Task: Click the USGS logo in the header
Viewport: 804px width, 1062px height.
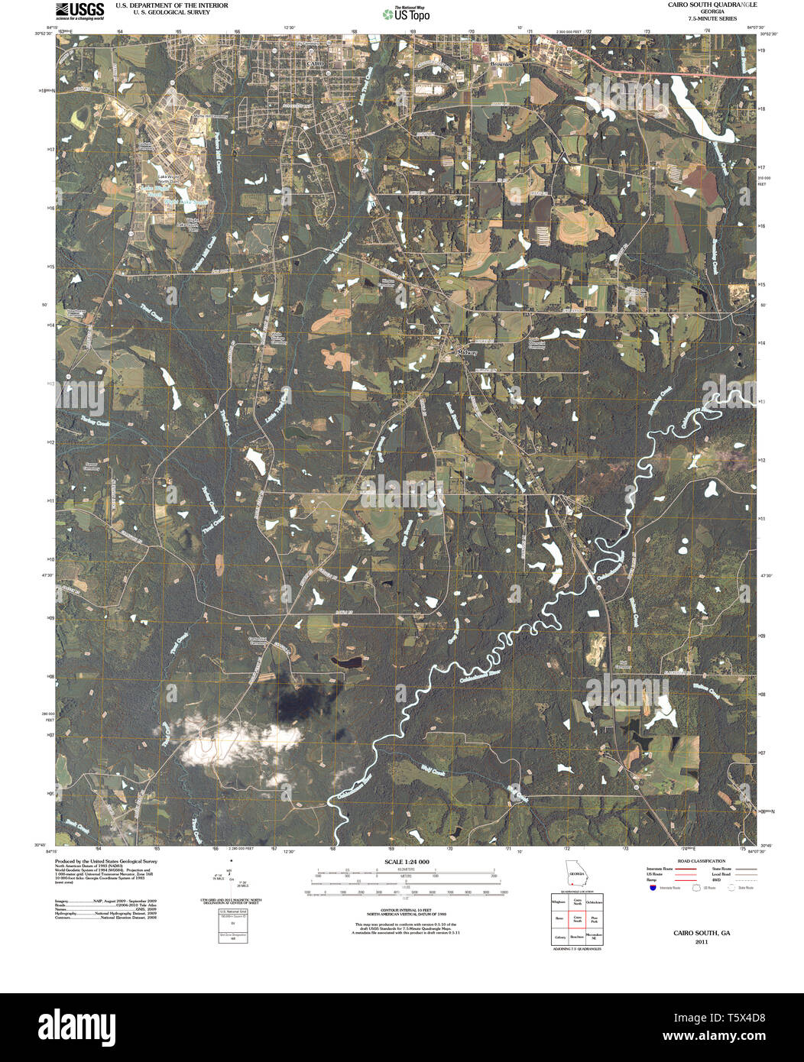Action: pyautogui.click(x=79, y=10)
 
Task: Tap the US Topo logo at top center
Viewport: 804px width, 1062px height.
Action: pyautogui.click(x=405, y=13)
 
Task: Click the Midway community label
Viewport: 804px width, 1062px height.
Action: pyautogui.click(x=467, y=353)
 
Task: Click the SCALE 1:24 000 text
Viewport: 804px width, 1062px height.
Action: pyautogui.click(x=407, y=862)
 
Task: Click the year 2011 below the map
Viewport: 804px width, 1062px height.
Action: pyautogui.click(x=701, y=942)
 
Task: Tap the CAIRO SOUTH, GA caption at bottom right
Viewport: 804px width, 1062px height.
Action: pyautogui.click(x=701, y=933)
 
